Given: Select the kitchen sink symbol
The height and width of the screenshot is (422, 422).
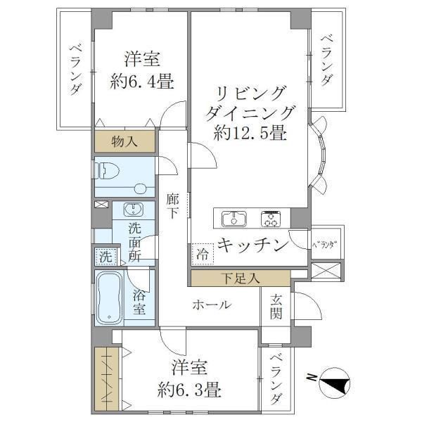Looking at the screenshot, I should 234,219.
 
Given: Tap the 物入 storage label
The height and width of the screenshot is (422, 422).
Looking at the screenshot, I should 125,141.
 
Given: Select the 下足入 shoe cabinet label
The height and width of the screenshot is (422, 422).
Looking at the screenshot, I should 239,278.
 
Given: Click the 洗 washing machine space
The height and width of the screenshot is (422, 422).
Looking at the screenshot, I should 105,257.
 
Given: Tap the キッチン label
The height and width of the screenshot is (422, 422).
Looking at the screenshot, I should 252,245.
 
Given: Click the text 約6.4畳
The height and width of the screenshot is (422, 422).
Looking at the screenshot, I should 142,81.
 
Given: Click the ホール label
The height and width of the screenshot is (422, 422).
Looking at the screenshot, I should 212,305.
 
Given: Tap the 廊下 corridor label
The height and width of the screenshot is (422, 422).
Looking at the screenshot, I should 173,206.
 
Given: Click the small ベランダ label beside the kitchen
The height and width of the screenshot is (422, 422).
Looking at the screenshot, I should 324,244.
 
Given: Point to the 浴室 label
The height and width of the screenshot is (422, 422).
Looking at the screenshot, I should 139,302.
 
